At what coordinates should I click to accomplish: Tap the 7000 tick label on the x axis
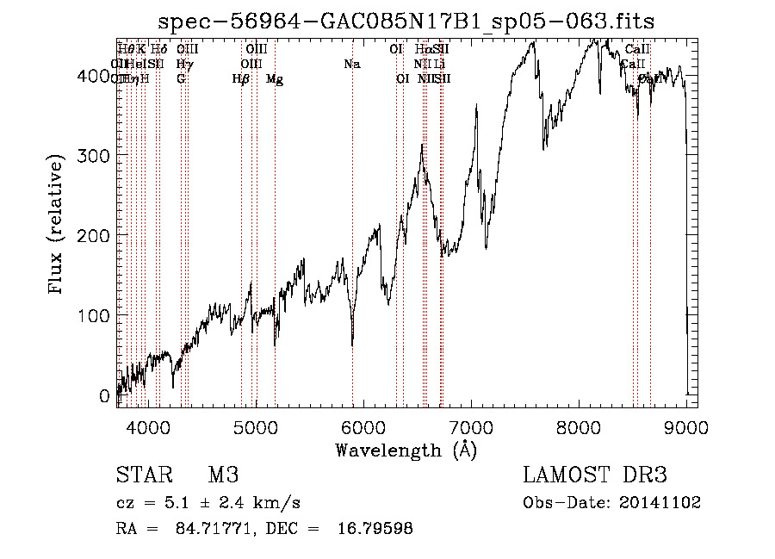click(x=471, y=425)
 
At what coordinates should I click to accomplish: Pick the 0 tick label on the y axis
click(x=104, y=396)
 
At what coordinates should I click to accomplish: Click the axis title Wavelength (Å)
click(x=406, y=450)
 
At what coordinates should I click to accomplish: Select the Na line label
click(x=351, y=64)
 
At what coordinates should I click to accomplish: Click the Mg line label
click(x=275, y=79)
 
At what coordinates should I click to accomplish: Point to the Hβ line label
click(x=241, y=79)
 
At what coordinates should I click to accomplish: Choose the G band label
click(x=181, y=79)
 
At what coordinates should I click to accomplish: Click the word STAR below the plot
click(x=139, y=475)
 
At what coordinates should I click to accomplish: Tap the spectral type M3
click(x=223, y=475)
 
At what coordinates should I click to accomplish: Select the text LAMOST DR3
click(x=595, y=475)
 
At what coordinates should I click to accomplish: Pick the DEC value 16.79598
click(x=375, y=529)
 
